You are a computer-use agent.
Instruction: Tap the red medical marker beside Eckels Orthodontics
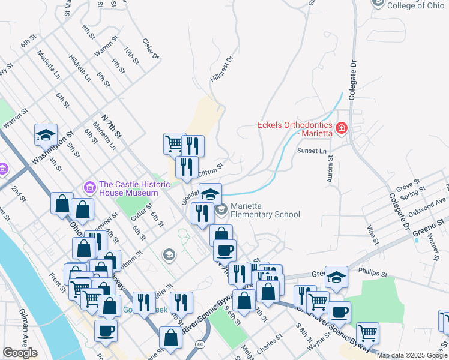tap(341, 128)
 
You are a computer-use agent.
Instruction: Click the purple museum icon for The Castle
tap(90, 188)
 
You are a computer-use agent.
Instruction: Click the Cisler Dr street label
tap(151, 49)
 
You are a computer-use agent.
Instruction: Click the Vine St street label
tap(373, 231)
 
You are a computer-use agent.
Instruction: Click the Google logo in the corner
tap(20, 353)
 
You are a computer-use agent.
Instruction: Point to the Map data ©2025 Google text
tap(411, 355)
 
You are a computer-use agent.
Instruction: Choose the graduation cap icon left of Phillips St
tap(337, 277)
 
